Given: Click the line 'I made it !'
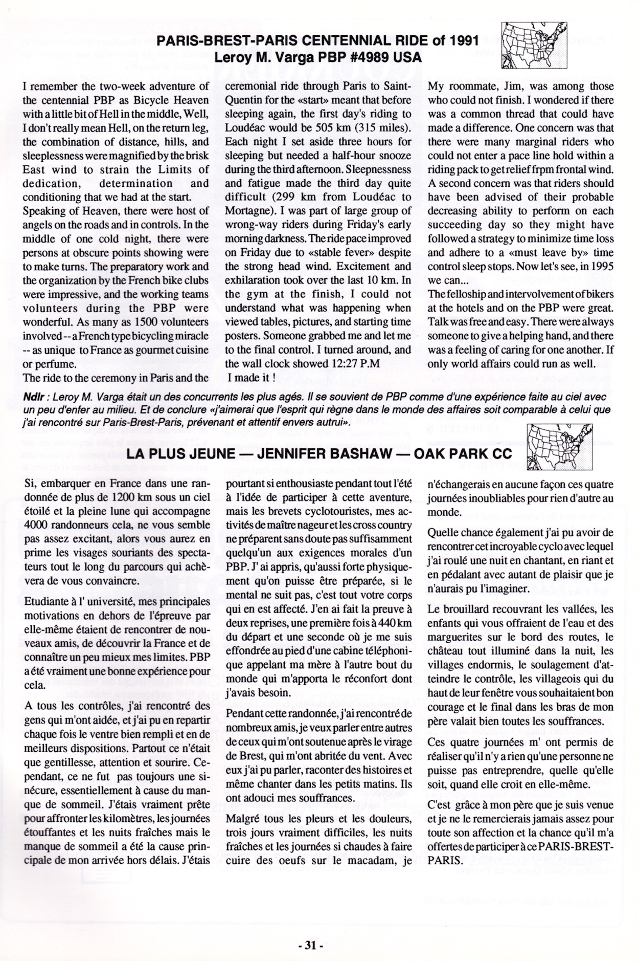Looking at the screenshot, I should pyautogui.click(x=252, y=379).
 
